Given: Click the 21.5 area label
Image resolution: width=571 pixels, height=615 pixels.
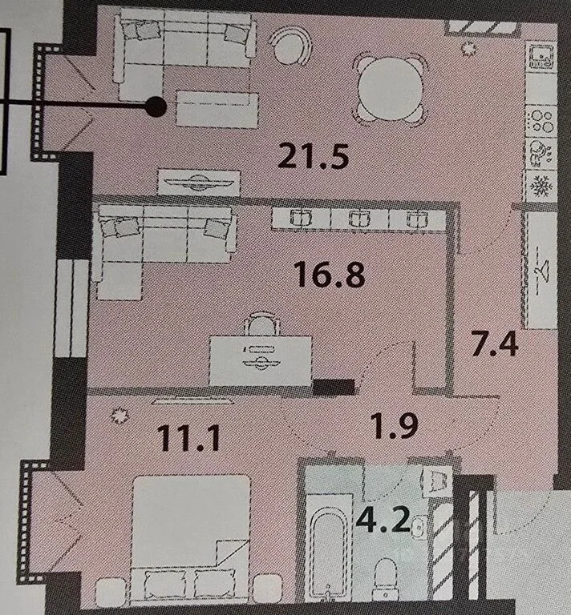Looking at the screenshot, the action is coord(313,156).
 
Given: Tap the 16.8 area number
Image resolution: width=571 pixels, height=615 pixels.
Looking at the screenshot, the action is coord(330,274).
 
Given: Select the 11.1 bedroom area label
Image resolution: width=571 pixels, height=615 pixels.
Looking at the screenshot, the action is coord(188,438).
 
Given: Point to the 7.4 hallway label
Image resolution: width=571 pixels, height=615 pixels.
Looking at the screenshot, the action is coord(495,344).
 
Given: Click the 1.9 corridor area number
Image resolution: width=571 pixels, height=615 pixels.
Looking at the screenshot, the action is coord(395,425).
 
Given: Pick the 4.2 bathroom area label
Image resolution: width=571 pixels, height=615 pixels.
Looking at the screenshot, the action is coord(383,519).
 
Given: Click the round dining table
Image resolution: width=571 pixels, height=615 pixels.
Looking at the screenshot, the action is coord(390,88).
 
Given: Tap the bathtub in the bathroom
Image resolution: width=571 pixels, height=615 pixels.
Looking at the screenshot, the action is coord(329,547).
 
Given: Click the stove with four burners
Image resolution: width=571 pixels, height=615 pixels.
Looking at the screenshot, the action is coord(541,121).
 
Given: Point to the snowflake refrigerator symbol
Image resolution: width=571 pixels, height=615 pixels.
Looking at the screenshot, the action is coord(541,185).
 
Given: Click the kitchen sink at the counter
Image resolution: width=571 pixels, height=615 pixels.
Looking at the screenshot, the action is coord(541,57).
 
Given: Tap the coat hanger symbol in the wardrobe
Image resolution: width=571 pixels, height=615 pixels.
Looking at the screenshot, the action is coord(542,271).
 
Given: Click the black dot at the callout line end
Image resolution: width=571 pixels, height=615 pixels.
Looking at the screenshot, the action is coord(156,107).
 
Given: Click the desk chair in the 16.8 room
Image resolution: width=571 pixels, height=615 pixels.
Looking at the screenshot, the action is coord(262,324).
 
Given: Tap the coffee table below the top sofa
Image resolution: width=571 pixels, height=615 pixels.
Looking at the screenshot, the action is coord(217,109).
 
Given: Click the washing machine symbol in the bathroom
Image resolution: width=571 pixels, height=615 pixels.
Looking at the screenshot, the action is coord(436,482).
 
